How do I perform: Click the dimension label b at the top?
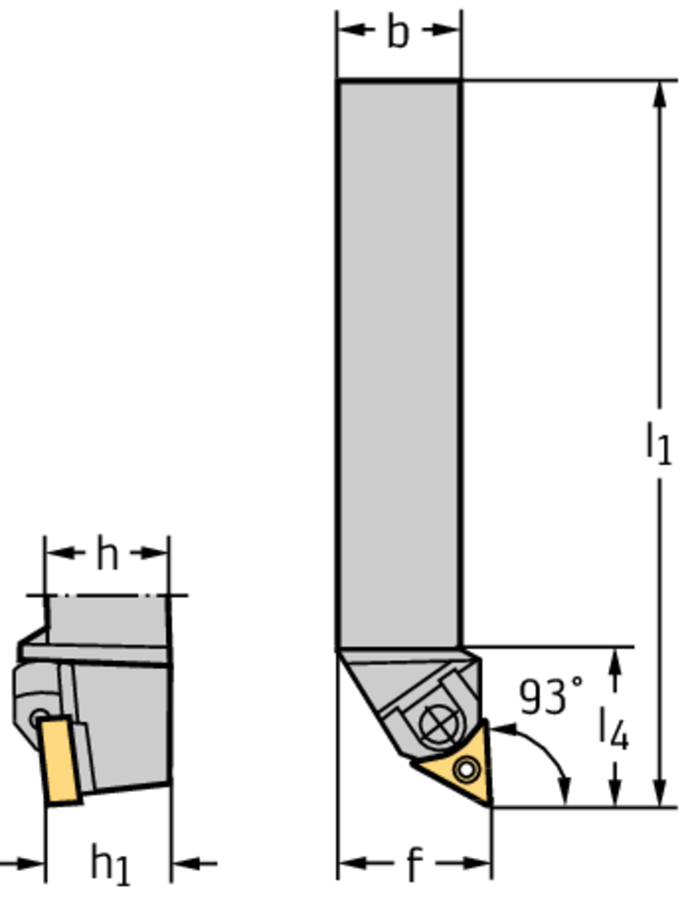point(398,32)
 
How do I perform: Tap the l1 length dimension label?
point(658,442)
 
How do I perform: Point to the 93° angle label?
point(550,695)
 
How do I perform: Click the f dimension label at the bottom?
point(414,863)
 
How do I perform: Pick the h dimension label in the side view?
point(107,554)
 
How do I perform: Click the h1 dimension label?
point(110,865)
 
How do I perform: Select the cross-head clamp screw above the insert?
point(440,723)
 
